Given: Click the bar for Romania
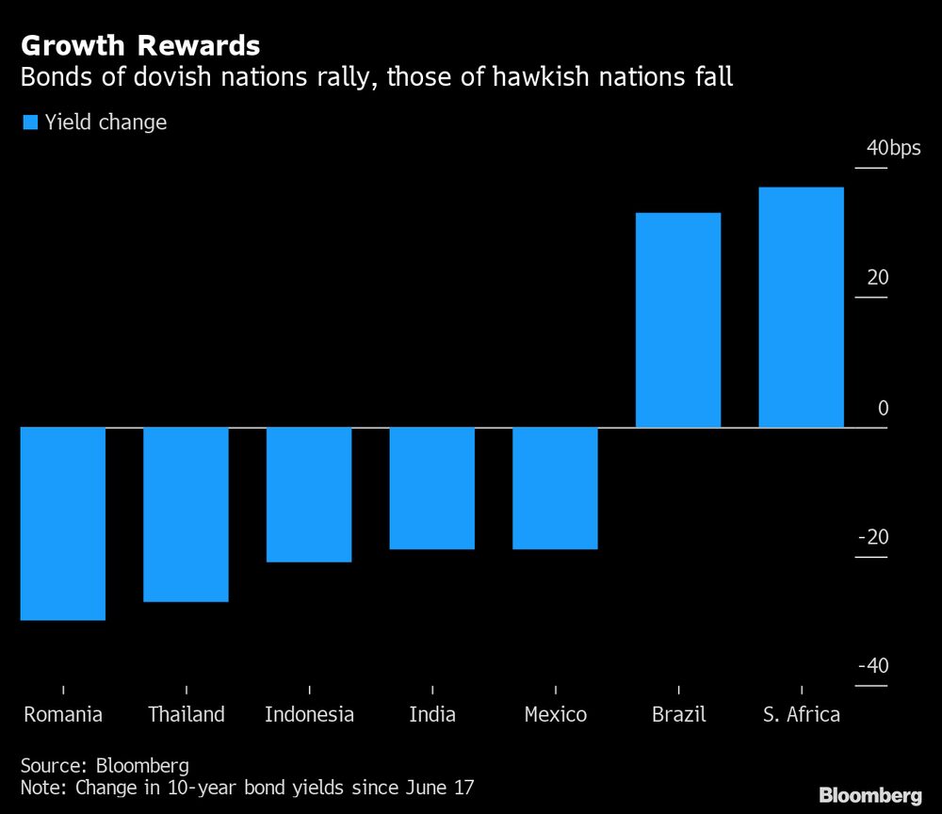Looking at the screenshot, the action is click(x=63, y=523).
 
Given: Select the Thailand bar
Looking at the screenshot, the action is click(x=187, y=514).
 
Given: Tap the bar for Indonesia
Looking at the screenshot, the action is click(x=309, y=495).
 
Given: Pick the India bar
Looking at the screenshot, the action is click(x=432, y=488).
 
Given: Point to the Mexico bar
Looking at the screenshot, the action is click(x=556, y=488).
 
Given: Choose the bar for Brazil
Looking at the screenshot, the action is click(x=678, y=320).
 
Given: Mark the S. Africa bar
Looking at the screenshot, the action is click(x=802, y=307).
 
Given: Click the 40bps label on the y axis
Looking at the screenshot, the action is click(x=893, y=148).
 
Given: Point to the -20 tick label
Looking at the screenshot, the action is click(x=873, y=536).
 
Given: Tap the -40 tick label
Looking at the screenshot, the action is click(x=873, y=666).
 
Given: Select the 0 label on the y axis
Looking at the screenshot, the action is click(x=884, y=408).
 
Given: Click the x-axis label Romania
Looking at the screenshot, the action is click(x=63, y=714).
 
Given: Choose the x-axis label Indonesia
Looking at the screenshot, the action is click(x=309, y=714).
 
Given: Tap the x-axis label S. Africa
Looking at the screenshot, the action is click(x=802, y=714).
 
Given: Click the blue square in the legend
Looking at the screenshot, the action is click(x=30, y=122).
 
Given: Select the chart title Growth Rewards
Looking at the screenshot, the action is click(x=140, y=45).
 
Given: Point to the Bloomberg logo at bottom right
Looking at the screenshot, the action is click(x=870, y=795).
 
